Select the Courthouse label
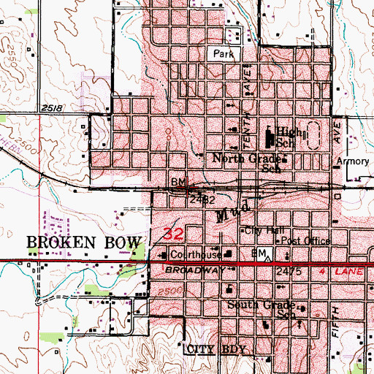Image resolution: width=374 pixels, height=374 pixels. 195,255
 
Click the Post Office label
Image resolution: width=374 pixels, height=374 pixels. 306,240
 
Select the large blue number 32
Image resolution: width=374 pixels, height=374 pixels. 173,234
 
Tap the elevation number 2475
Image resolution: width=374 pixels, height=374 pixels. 289,271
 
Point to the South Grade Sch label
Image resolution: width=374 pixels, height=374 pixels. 260,309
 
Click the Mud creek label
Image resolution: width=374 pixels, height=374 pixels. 237,211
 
